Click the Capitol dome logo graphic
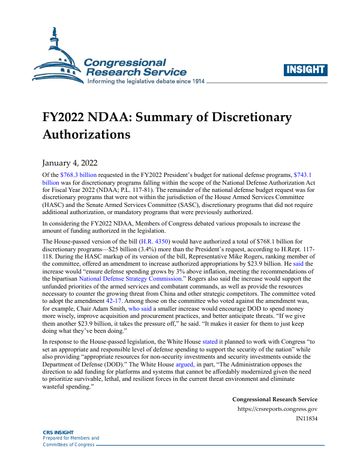[57, 57]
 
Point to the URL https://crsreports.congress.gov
[277, 408]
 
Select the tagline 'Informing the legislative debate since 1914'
[147, 81]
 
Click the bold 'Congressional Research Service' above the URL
[274, 399]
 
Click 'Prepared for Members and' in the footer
[71, 439]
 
